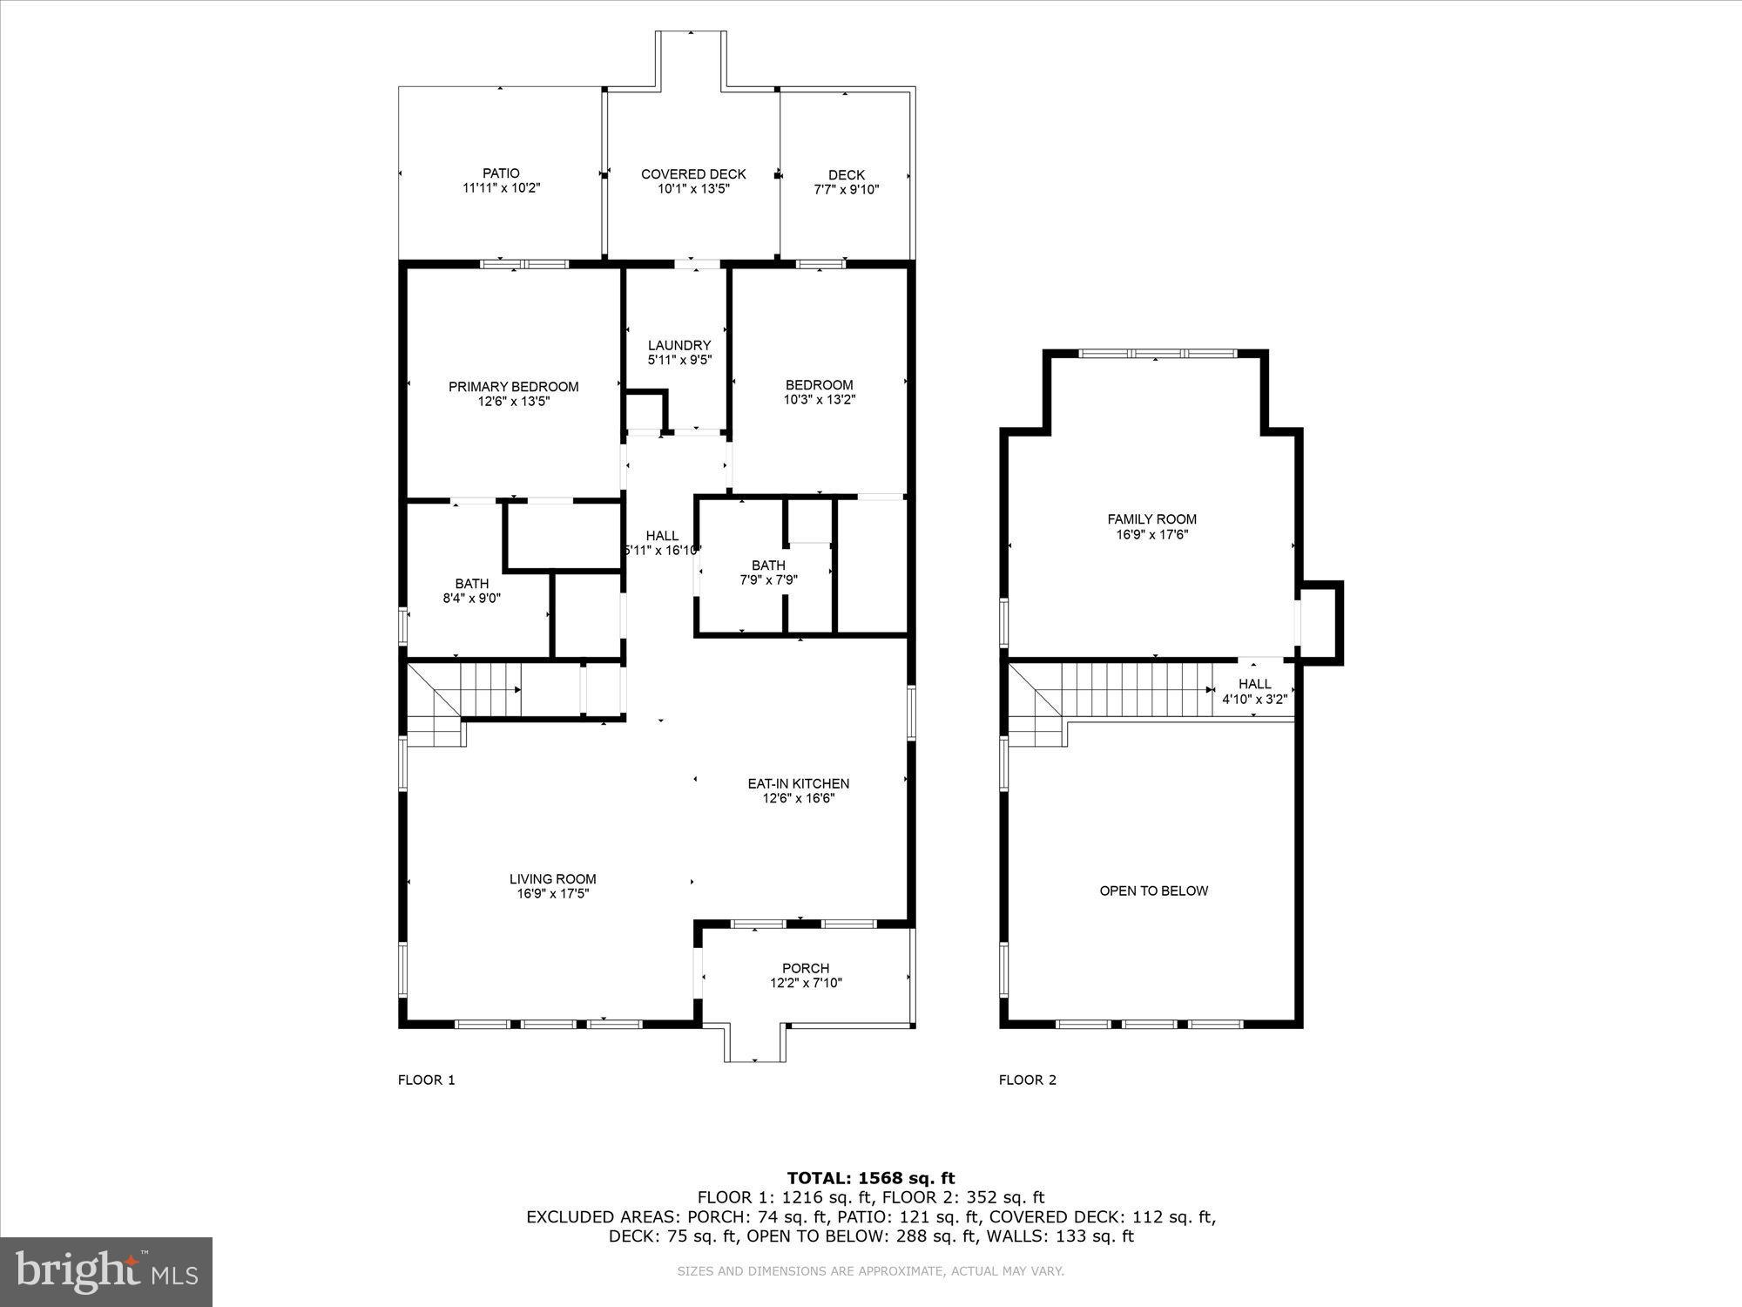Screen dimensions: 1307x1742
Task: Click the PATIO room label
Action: pyautogui.click(x=501, y=174)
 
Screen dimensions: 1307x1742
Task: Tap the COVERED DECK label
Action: pyautogui.click(x=693, y=174)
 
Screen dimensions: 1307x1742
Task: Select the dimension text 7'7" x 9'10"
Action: pyautogui.click(x=847, y=189)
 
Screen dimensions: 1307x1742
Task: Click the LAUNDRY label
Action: pyautogui.click(x=679, y=345)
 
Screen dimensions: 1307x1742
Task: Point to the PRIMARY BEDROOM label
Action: pyautogui.click(x=513, y=387)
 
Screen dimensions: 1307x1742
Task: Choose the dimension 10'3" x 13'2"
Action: pyautogui.click(x=819, y=400)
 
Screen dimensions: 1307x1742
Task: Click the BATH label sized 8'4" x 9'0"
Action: pyautogui.click(x=471, y=584)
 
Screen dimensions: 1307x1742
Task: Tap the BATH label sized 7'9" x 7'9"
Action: pyautogui.click(x=768, y=565)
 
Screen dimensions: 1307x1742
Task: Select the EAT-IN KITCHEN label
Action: pyautogui.click(x=798, y=783)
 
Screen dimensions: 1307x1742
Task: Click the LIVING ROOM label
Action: pyautogui.click(x=552, y=879)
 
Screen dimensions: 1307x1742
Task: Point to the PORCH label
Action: pyautogui.click(x=806, y=968)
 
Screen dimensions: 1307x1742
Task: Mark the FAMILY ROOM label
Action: pyautogui.click(x=1151, y=519)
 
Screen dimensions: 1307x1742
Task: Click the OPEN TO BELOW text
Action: pyautogui.click(x=1153, y=891)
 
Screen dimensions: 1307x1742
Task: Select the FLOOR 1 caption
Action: pyautogui.click(x=426, y=1080)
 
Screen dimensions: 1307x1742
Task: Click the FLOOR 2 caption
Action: pyautogui.click(x=1027, y=1080)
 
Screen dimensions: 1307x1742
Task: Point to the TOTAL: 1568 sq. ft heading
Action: pyautogui.click(x=871, y=1178)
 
